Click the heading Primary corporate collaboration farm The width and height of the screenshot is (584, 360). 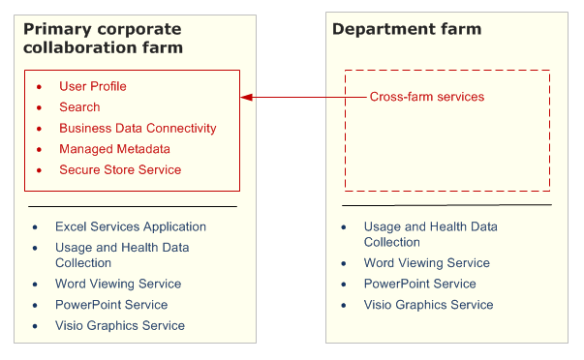pos(103,38)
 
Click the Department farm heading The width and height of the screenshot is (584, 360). pos(406,29)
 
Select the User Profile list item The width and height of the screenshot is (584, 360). pos(93,86)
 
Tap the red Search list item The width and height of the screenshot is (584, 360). pos(79,107)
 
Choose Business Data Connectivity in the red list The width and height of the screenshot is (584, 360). pos(138,128)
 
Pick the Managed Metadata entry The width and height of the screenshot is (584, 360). pos(114,149)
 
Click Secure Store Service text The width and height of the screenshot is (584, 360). pos(120,170)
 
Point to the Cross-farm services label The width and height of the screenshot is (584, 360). pos(426,97)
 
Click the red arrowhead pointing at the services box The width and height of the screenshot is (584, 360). pos(247,97)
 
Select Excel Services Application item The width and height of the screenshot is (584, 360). pos(131,226)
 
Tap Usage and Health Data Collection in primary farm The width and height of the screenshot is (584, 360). pos(122,255)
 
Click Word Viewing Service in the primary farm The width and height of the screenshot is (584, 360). pos(118,284)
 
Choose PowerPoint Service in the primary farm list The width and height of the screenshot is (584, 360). pos(111,305)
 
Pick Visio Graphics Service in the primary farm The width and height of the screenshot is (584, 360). pos(120,326)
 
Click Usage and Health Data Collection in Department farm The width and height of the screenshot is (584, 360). pos(430,234)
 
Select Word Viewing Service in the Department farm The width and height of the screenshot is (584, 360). pos(427,263)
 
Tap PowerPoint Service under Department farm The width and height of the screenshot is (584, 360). pos(420,284)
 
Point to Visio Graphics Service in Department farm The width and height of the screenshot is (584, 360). pos(429,305)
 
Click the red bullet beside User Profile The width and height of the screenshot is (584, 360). pos(40,87)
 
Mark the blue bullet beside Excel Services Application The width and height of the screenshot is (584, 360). pos(36,227)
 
